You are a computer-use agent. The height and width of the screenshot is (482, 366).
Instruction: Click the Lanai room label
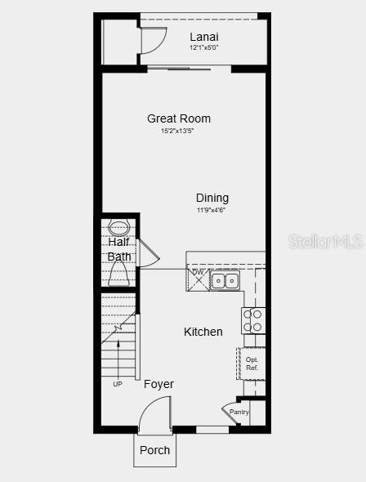pyautogui.click(x=204, y=37)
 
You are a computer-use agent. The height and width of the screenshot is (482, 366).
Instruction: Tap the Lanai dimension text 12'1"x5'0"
pyautogui.click(x=204, y=47)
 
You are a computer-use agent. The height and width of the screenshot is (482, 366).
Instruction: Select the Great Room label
pyautogui.click(x=179, y=118)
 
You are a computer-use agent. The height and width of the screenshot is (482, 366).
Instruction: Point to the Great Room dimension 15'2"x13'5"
pyautogui.click(x=177, y=131)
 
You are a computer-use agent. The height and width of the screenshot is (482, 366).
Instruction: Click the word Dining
pyautogui.click(x=212, y=199)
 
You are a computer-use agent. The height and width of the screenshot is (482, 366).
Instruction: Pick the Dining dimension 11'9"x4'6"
pyautogui.click(x=212, y=210)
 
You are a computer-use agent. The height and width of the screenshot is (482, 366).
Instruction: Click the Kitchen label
pyautogui.click(x=203, y=332)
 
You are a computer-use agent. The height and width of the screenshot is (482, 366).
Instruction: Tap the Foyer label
pyautogui.click(x=158, y=384)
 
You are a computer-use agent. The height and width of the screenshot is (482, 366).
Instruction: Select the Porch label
pyautogui.click(x=154, y=450)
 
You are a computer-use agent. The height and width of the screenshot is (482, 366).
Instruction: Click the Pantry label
pyautogui.click(x=239, y=412)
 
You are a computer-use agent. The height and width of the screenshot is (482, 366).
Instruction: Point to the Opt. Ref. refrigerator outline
pyautogui.click(x=252, y=364)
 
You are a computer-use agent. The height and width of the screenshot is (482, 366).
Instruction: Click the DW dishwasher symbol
pyautogui.click(x=198, y=279)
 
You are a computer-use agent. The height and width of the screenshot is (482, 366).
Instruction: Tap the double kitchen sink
pyautogui.click(x=225, y=280)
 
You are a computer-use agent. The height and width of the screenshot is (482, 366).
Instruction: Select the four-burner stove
pyautogui.click(x=253, y=320)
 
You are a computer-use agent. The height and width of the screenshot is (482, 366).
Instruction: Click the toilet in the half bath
pyautogui.click(x=118, y=274)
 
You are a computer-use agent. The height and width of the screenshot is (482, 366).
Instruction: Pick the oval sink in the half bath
pyautogui.click(x=119, y=228)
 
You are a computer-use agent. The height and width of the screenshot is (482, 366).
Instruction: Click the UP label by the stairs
pyautogui.click(x=118, y=384)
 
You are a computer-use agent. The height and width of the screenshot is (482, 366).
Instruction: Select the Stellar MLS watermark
pyautogui.click(x=326, y=242)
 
